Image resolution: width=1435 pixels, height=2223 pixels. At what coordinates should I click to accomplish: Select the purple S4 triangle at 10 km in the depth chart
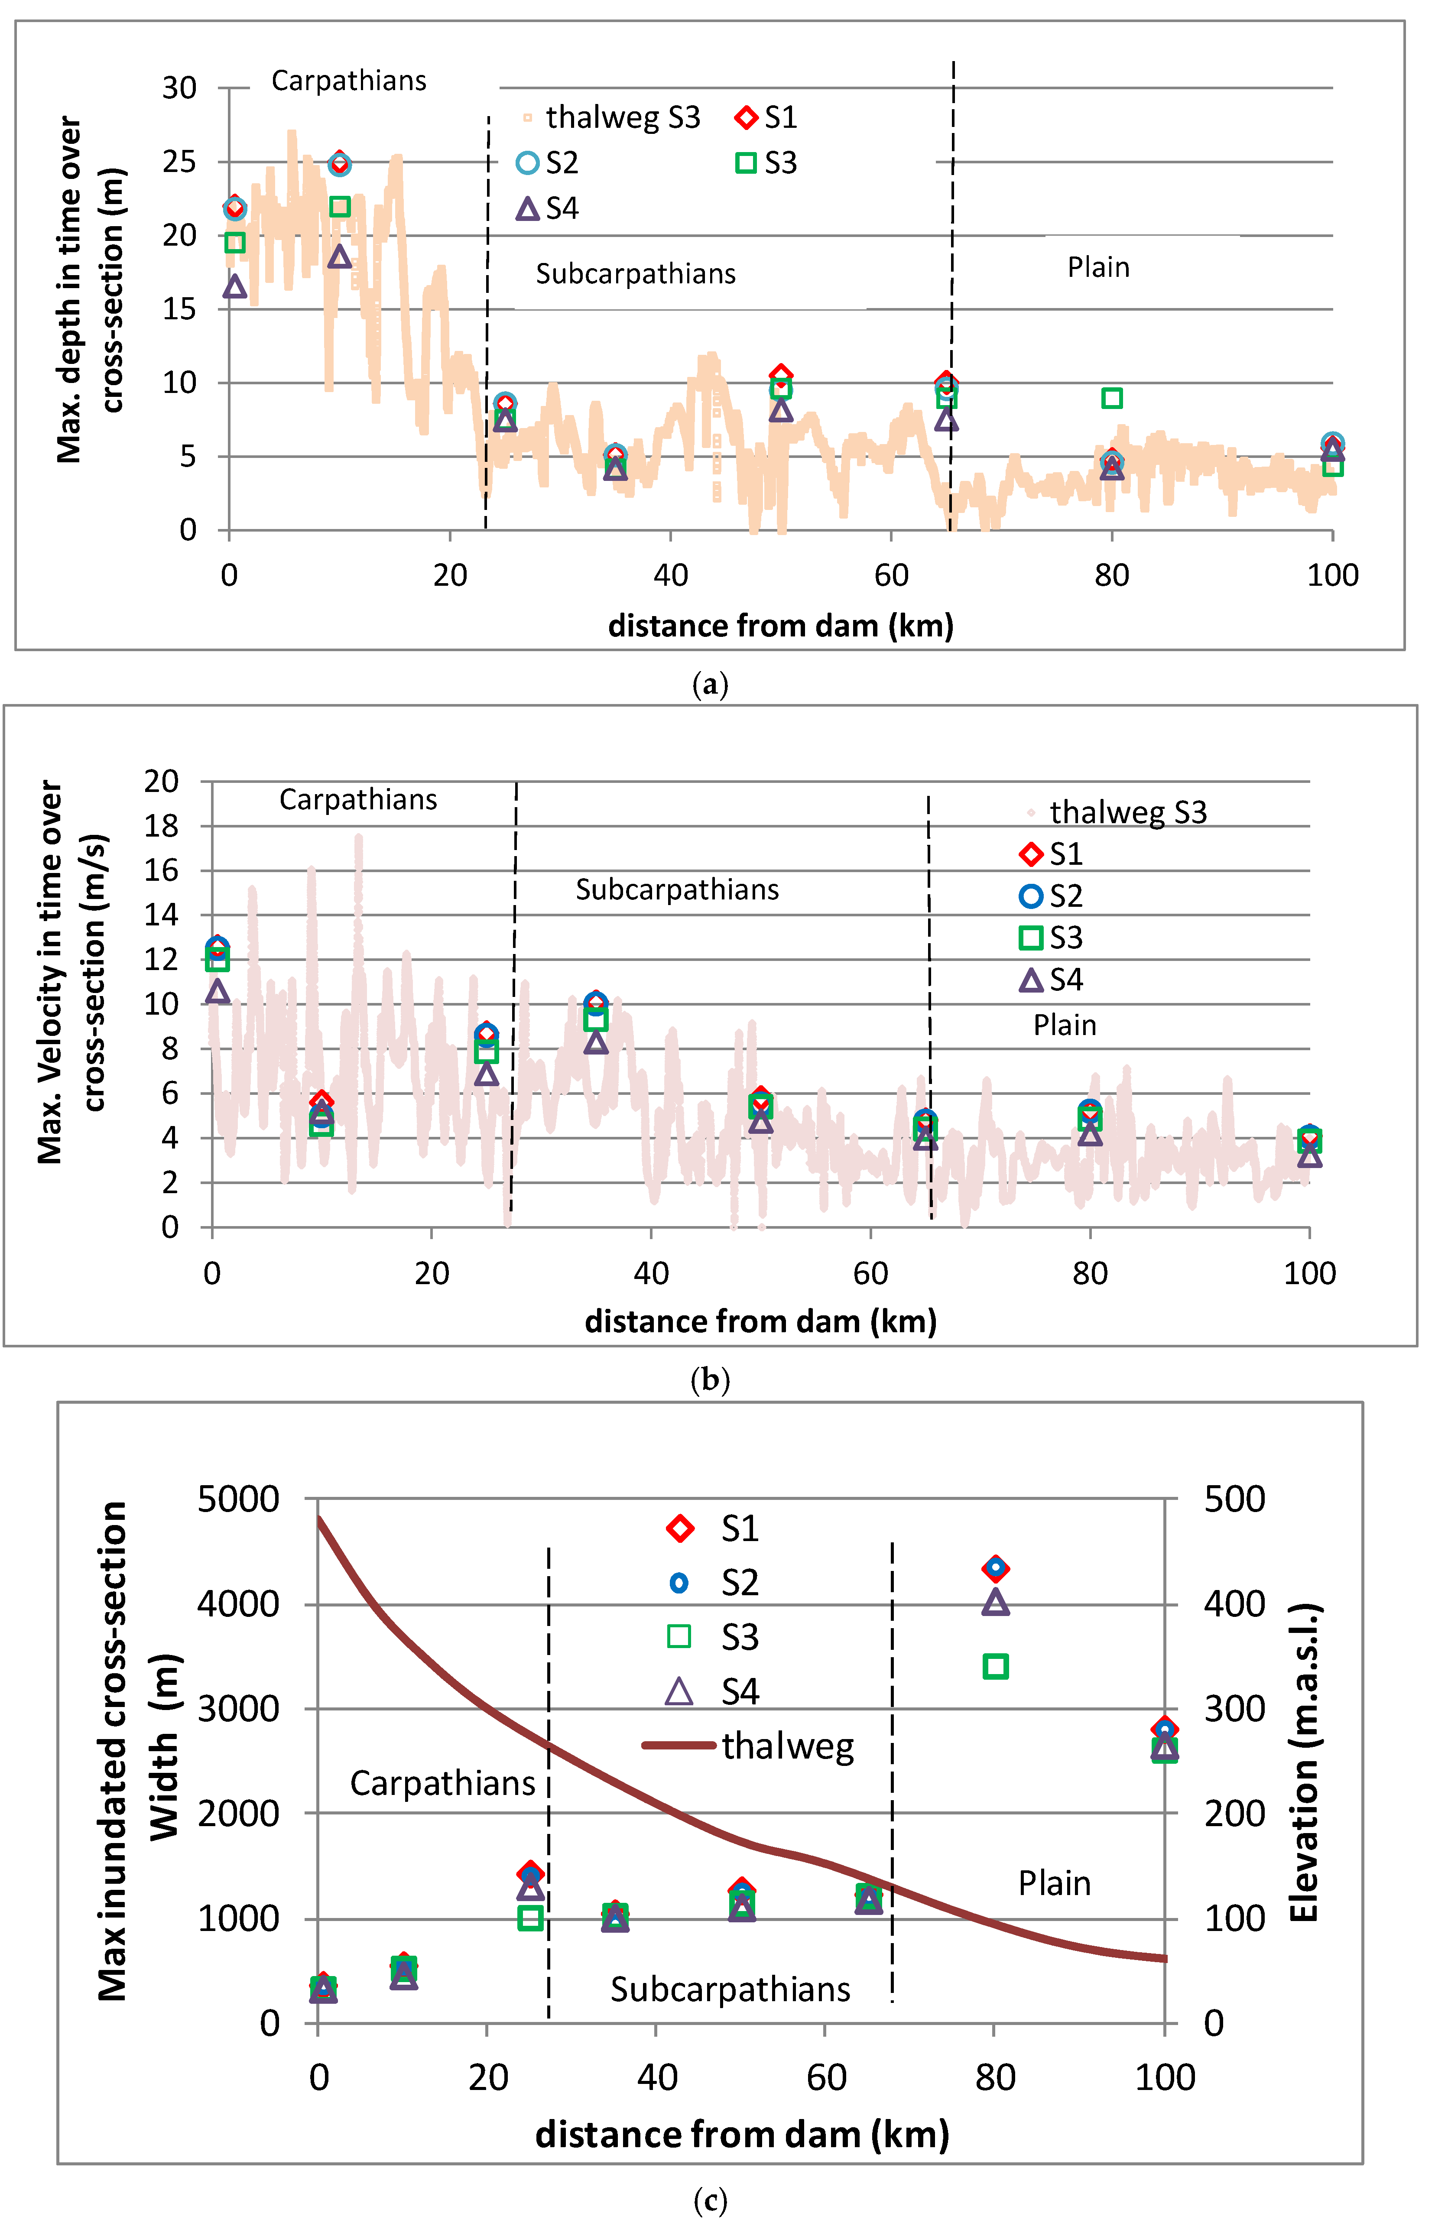[340, 256]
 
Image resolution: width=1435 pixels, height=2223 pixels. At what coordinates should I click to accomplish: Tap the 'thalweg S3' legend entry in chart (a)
[610, 117]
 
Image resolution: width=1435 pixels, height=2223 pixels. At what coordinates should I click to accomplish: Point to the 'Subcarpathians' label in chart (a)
[636, 274]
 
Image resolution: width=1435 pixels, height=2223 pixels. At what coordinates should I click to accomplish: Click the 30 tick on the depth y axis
[179, 88]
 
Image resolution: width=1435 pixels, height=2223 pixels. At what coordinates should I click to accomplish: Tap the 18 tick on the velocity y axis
[161, 825]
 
